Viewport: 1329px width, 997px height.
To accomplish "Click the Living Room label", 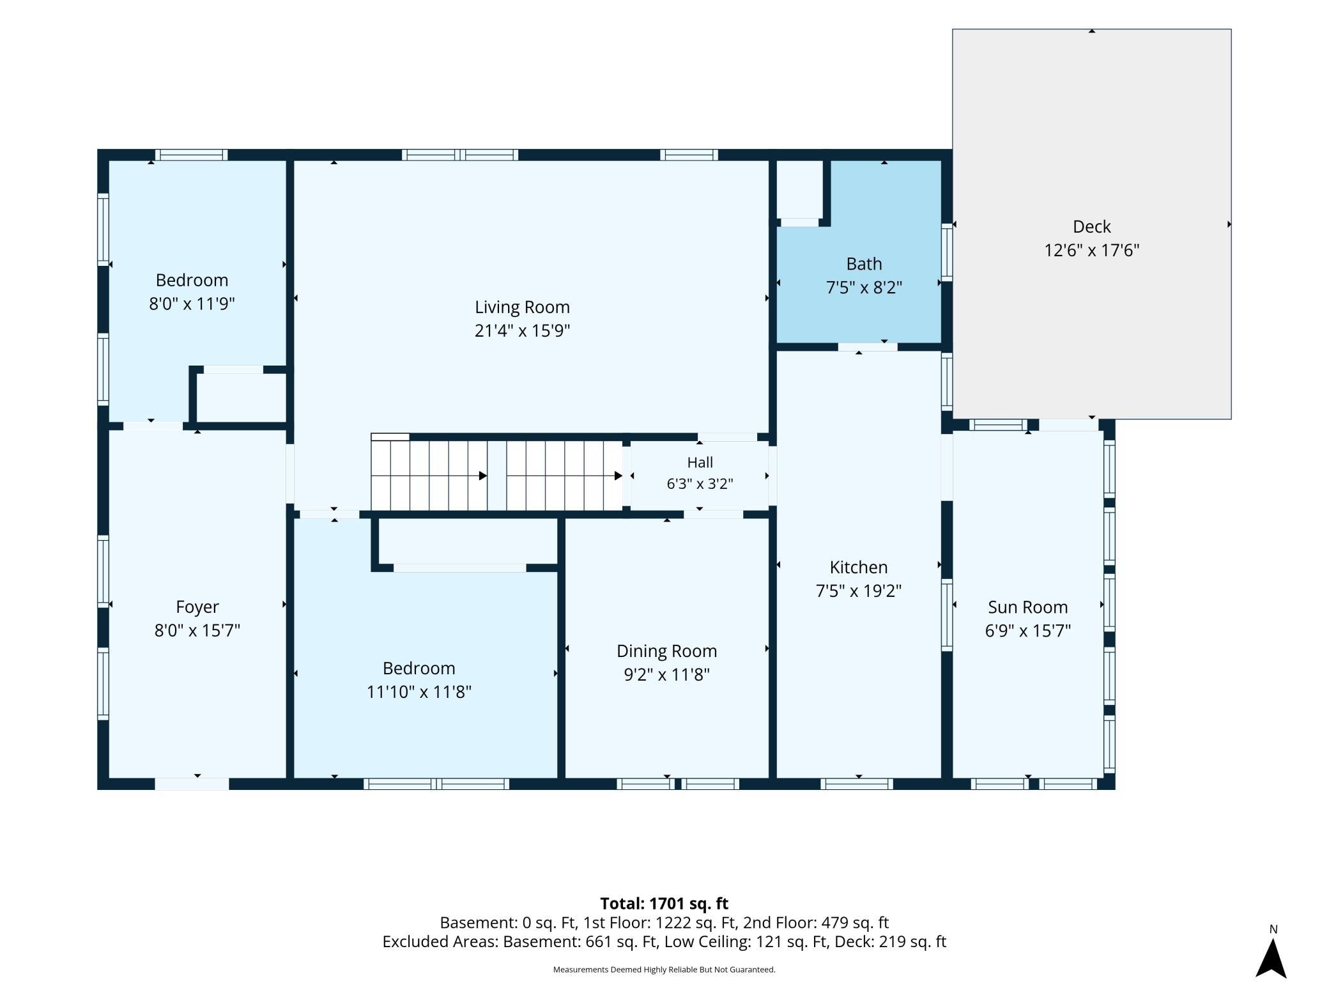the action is coord(522,307).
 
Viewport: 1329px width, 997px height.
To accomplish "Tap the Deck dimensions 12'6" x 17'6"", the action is coord(1091,250).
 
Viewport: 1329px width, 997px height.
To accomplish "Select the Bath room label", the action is coord(864,264).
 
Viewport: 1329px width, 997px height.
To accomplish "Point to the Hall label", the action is coord(700,462).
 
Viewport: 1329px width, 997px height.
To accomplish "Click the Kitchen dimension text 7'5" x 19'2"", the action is coord(858,591).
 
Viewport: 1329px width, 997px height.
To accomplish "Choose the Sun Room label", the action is coord(1027,607).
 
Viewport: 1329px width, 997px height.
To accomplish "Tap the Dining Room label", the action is coord(666,651).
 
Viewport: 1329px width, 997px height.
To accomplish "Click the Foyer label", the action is coord(197,607).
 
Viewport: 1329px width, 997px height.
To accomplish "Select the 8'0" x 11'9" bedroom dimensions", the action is coord(192,304).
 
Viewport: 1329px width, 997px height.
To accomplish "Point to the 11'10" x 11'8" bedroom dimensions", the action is coord(419,692).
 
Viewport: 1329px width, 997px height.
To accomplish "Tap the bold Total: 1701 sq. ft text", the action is coord(664,903).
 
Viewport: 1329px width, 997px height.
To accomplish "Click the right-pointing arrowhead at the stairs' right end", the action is coord(618,475).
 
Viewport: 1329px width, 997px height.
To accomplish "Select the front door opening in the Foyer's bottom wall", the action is coord(192,784).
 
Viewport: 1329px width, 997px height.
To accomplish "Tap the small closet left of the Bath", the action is coord(799,189).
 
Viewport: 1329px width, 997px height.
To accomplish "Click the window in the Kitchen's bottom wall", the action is coord(856,784).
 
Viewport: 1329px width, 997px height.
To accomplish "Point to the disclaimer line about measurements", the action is coord(664,970).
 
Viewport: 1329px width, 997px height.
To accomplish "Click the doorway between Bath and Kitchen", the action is coord(868,347).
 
